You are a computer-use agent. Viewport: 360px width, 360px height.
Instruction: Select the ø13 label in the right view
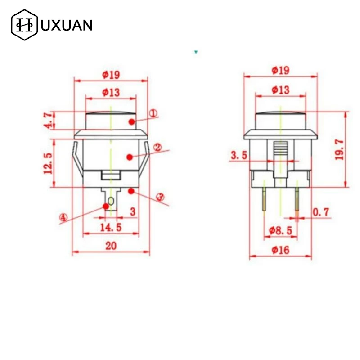point(280,90)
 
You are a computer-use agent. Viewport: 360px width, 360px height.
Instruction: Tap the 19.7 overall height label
point(339,149)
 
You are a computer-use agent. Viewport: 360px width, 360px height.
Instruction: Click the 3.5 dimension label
point(239,155)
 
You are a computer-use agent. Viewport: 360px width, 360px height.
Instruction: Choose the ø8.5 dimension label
point(280,230)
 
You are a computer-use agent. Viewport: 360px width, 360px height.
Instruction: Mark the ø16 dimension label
point(280,250)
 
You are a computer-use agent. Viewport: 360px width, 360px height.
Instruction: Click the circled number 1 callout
point(153,114)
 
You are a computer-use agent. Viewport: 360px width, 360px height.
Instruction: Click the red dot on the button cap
point(130,121)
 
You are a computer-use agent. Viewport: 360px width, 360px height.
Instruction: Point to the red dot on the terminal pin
point(106,206)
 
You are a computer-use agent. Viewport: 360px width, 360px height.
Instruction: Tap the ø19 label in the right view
point(280,70)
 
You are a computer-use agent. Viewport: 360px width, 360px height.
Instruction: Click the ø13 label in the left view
point(111,92)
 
